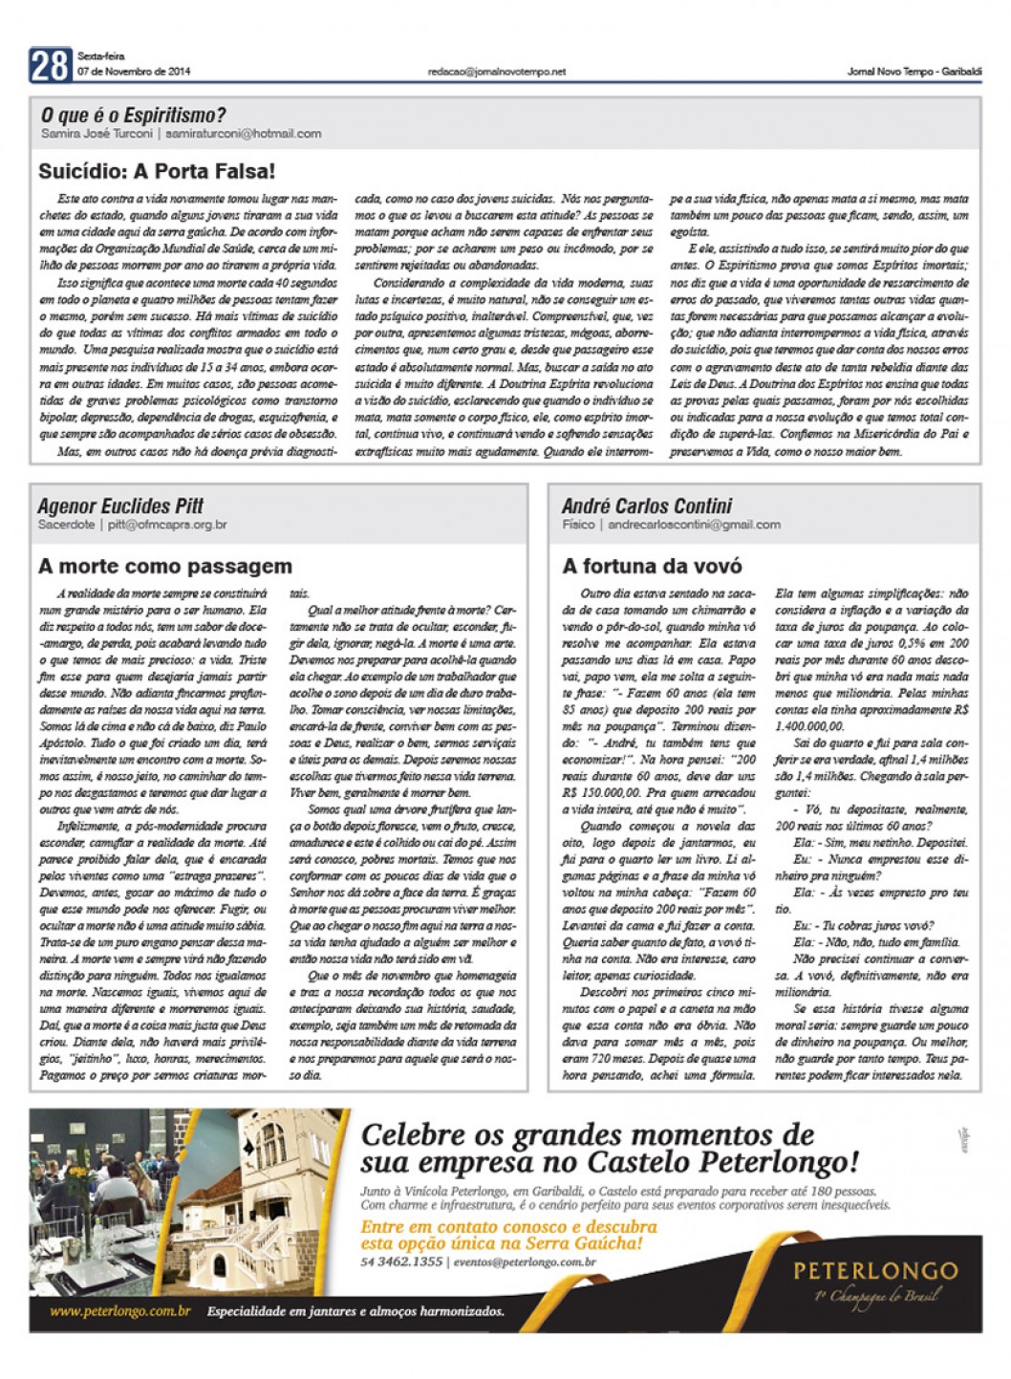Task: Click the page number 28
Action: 49,65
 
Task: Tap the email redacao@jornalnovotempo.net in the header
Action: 497,72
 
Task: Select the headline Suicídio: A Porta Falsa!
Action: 157,172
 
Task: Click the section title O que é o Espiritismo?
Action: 133,116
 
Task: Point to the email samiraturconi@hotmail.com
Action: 243,134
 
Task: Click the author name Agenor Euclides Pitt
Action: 120,506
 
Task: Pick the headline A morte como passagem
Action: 164,566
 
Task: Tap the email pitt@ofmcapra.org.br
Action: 167,525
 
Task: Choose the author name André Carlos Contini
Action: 647,506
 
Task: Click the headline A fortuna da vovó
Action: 652,566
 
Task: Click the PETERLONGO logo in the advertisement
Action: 875,1271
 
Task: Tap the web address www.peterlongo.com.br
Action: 120,1311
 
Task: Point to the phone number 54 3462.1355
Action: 401,1261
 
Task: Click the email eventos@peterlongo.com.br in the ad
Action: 525,1261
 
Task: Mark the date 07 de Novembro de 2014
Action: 134,72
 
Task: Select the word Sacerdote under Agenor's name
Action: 66,525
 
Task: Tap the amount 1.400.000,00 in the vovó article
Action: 810,726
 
